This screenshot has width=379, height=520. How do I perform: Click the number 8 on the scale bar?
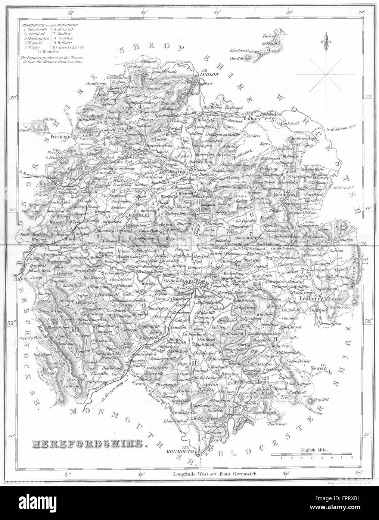pos(352,457)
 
